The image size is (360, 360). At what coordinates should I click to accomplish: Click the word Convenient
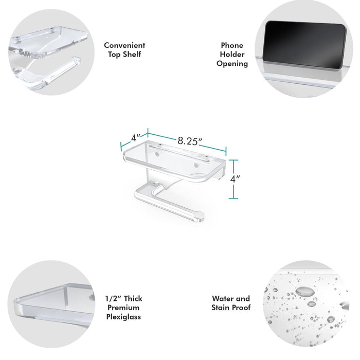point(124,45)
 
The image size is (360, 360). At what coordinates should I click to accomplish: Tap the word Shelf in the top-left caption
point(132,55)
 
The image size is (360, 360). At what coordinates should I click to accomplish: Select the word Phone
point(232,45)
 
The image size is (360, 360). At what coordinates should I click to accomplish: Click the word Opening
point(232,64)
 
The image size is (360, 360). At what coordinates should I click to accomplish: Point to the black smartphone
point(304,45)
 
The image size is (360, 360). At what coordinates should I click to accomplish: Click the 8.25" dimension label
point(190,141)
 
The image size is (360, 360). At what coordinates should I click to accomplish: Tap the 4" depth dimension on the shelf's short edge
point(135,138)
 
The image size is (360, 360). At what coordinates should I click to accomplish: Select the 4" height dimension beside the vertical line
point(235,179)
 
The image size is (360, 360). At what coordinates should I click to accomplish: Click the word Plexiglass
point(123,317)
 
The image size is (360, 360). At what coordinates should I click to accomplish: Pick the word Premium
point(123,308)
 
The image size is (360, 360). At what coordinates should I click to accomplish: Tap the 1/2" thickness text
point(113,298)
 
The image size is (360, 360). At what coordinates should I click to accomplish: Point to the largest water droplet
point(305,292)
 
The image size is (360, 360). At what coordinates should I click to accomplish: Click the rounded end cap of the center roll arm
point(199,217)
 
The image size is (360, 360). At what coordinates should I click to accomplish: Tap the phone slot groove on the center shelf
point(179,152)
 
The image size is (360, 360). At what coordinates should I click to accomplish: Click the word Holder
point(232,55)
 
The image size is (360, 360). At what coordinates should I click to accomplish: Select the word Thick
point(133,298)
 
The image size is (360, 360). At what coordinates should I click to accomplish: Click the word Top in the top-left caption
point(114,55)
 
